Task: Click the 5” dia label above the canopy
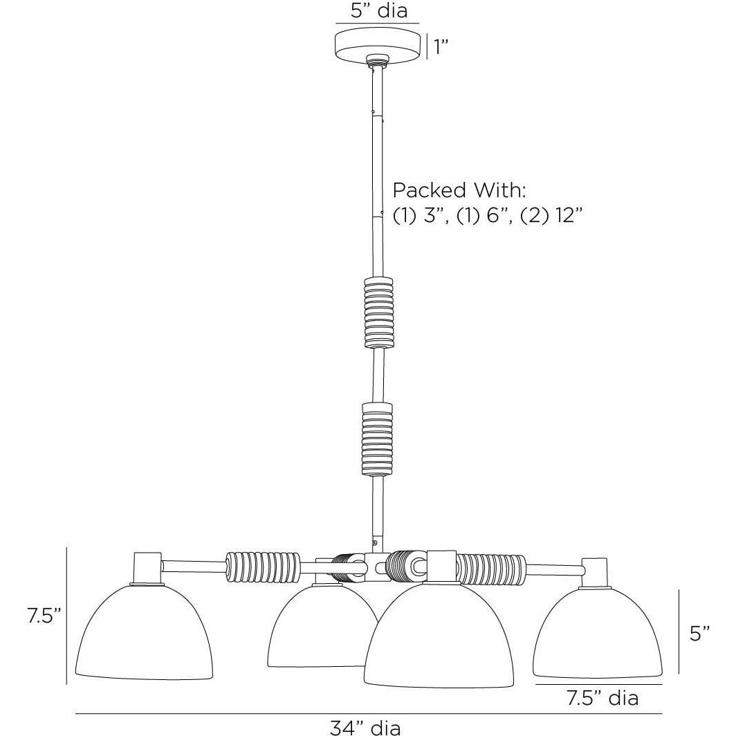(379, 10)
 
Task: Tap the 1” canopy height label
(441, 47)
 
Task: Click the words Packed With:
(459, 190)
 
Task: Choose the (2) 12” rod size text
(551, 217)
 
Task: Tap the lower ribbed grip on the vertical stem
(377, 438)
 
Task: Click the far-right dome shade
(598, 632)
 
